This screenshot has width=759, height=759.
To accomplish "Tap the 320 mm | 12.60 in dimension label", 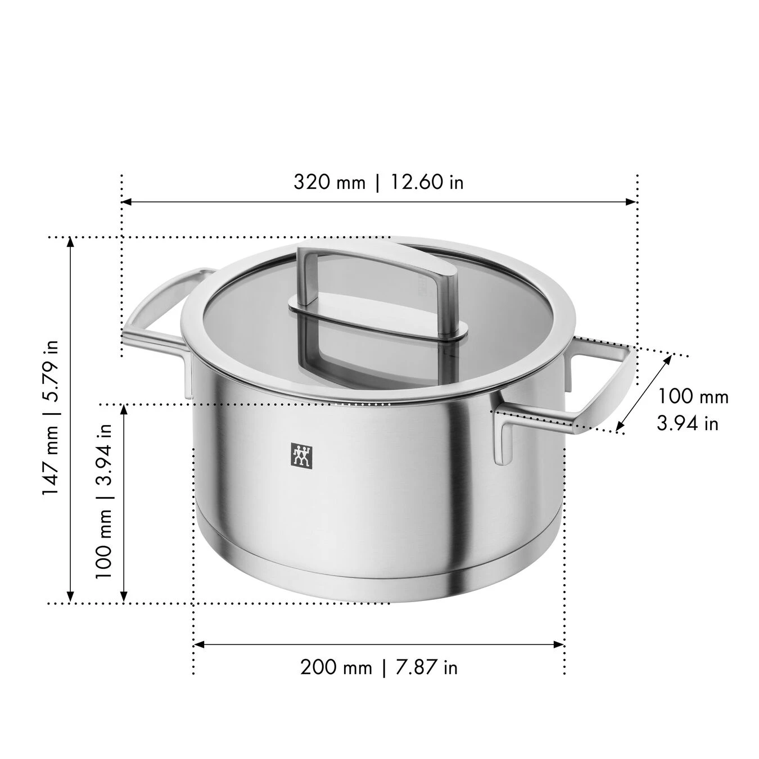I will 378,182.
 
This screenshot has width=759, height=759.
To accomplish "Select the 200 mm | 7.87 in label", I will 378,667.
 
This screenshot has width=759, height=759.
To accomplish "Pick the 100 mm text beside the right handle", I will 693,396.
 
